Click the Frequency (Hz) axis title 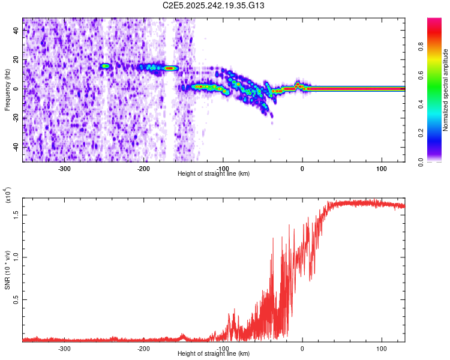pos(7,90)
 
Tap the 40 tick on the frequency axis pos(17,31)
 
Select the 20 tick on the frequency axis pos(17,60)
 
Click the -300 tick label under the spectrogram pos(64,167)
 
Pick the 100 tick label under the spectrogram pos(381,167)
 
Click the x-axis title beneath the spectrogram pos(214,173)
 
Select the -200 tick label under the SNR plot pos(143,347)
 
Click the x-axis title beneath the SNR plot pos(214,353)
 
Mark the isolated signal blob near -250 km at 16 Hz pos(106,66)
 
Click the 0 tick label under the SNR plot pos(302,347)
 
